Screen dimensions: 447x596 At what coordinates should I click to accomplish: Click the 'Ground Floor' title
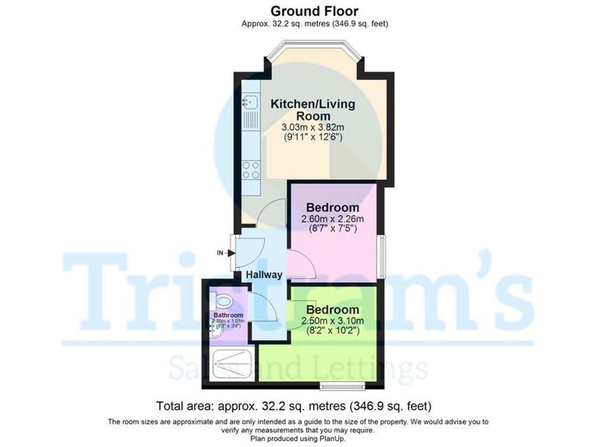(x=314, y=11)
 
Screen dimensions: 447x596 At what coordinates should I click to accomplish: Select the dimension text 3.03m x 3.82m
(x=311, y=126)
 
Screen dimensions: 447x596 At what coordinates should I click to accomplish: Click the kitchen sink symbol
(x=250, y=101)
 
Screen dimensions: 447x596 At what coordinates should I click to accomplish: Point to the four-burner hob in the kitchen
(x=251, y=169)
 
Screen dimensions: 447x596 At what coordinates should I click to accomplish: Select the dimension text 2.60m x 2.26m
(x=332, y=219)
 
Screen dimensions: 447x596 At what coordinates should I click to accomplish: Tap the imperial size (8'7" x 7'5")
(x=332, y=229)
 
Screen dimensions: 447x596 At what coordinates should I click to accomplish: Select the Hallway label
(x=264, y=275)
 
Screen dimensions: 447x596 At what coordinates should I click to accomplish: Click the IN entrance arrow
(x=223, y=252)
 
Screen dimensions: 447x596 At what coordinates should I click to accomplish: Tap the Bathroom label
(x=227, y=314)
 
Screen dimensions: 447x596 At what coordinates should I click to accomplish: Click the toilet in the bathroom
(x=223, y=300)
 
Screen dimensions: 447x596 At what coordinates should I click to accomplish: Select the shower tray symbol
(x=230, y=362)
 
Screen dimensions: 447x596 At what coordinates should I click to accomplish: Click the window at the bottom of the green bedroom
(x=342, y=386)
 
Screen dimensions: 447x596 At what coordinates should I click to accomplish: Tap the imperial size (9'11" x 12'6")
(x=311, y=137)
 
